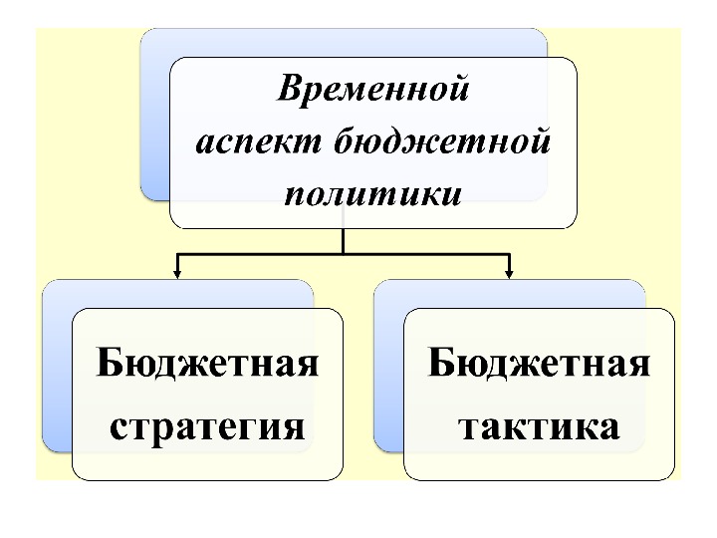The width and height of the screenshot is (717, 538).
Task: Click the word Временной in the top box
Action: [x=372, y=90]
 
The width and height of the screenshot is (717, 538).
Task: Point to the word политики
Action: [x=372, y=191]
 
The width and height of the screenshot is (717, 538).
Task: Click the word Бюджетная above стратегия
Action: [x=207, y=363]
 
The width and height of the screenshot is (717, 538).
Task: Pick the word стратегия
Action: [x=207, y=426]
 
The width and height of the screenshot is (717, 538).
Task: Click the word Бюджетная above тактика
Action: [x=539, y=363]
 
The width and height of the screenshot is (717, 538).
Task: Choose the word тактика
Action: [x=539, y=426]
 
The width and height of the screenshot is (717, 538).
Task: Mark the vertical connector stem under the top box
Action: [x=343, y=239]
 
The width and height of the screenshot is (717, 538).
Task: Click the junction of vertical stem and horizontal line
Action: [x=343, y=254]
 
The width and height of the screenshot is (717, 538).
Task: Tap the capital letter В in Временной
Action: [x=289, y=90]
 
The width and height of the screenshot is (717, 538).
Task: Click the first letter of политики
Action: [x=295, y=191]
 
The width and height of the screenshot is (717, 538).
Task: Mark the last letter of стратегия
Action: [x=292, y=427]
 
